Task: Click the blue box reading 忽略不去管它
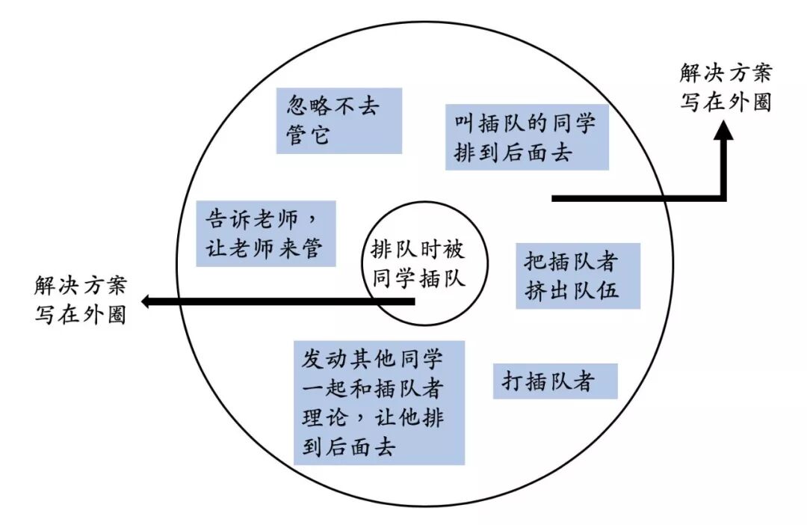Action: (338, 120)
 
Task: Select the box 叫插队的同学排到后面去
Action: (527, 137)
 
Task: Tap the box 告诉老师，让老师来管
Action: (265, 233)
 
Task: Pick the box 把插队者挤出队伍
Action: (578, 275)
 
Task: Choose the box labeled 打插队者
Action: (554, 381)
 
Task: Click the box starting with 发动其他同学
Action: (379, 402)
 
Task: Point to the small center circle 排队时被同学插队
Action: (418, 265)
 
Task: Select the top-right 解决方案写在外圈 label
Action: (725, 87)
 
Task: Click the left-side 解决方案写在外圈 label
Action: (80, 299)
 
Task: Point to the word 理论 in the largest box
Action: (326, 417)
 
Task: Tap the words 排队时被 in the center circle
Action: (418, 251)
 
